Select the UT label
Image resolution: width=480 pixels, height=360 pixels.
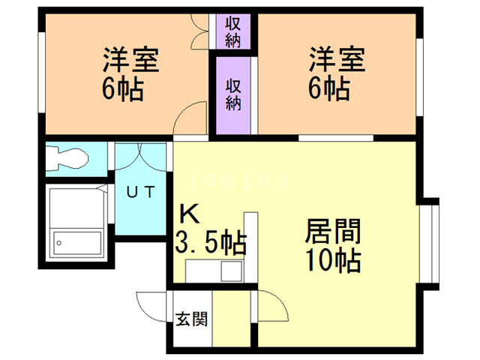click(140, 192)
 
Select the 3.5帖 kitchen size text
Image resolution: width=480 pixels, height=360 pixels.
click(211, 243)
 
